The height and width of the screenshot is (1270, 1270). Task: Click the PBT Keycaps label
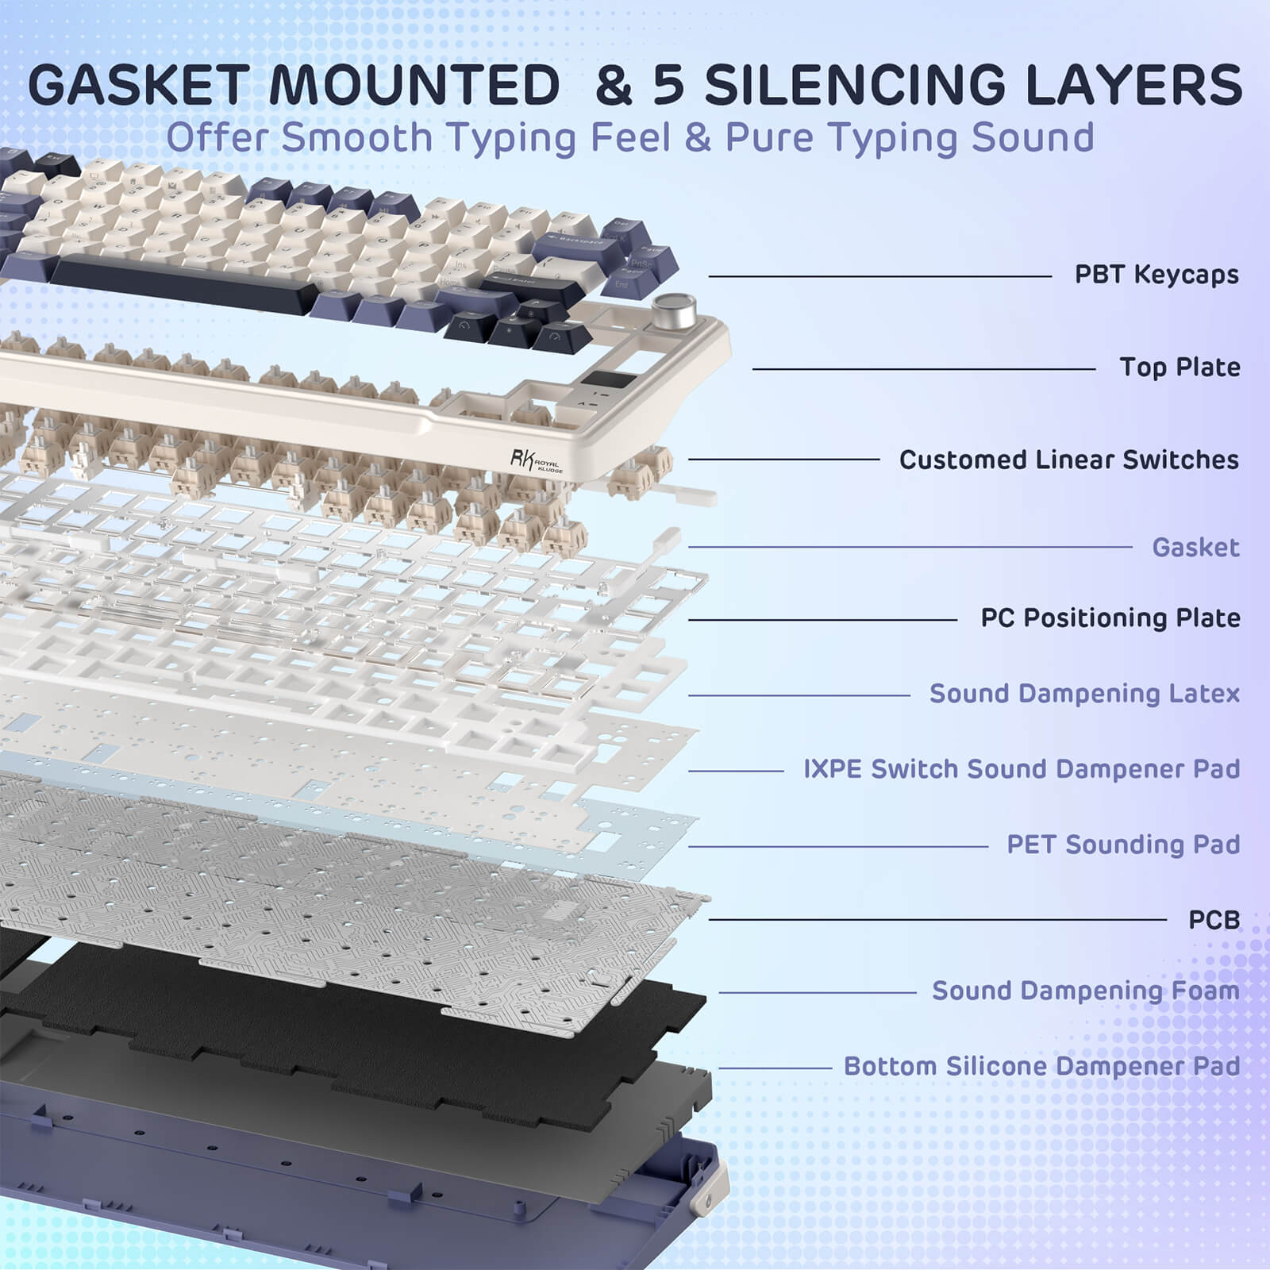[x=1156, y=275]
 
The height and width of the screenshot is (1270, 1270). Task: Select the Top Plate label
[x=1180, y=368]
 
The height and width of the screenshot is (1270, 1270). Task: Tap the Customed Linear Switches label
[x=1068, y=460]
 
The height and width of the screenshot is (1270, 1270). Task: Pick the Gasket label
[x=1195, y=547]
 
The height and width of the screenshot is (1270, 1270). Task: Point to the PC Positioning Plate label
[x=1110, y=618]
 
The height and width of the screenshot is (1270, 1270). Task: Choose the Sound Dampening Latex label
[x=1084, y=694]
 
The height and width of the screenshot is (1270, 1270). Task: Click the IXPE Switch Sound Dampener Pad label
[x=1021, y=769]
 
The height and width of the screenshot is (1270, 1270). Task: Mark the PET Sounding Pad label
[x=1122, y=845]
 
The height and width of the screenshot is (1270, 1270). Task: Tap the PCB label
[x=1214, y=920]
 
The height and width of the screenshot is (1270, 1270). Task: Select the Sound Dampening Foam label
[x=1085, y=991]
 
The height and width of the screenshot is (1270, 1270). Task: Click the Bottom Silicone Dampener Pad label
[x=1041, y=1066]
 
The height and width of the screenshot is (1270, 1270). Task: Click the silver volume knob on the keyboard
[x=674, y=306]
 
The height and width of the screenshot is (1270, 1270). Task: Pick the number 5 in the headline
[x=668, y=85]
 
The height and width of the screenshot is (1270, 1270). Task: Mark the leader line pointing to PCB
[x=937, y=920]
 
